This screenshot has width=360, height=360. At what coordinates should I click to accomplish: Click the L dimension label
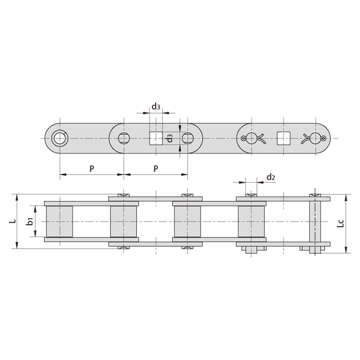pyautogui.click(x=12, y=222)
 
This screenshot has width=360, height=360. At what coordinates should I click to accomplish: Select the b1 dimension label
pyautogui.click(x=30, y=222)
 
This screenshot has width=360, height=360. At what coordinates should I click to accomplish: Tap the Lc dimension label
pyautogui.click(x=341, y=223)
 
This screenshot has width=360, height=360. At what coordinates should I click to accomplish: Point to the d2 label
pyautogui.click(x=271, y=177)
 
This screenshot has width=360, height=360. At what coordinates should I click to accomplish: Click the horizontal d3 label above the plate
pyautogui.click(x=156, y=106)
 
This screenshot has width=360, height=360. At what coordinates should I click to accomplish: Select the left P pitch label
pyautogui.click(x=91, y=168)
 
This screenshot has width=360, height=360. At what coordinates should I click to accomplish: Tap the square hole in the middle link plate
pyautogui.click(x=156, y=138)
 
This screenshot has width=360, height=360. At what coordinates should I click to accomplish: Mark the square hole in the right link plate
pyautogui.click(x=284, y=138)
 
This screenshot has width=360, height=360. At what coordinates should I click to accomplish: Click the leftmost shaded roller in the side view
pyautogui.click(x=59, y=222)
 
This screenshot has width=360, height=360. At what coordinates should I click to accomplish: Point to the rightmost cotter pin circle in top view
pyautogui.click(x=316, y=138)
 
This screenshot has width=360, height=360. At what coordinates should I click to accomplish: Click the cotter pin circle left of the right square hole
pyautogui.click(x=251, y=138)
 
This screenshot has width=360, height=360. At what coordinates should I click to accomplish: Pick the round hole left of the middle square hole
pyautogui.click(x=124, y=138)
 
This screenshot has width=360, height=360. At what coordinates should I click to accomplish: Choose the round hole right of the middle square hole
pyautogui.click(x=188, y=138)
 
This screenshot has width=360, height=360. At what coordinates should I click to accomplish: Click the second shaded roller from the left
pyautogui.click(x=124, y=222)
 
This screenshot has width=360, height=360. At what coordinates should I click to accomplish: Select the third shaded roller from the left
pyautogui.click(x=188, y=222)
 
